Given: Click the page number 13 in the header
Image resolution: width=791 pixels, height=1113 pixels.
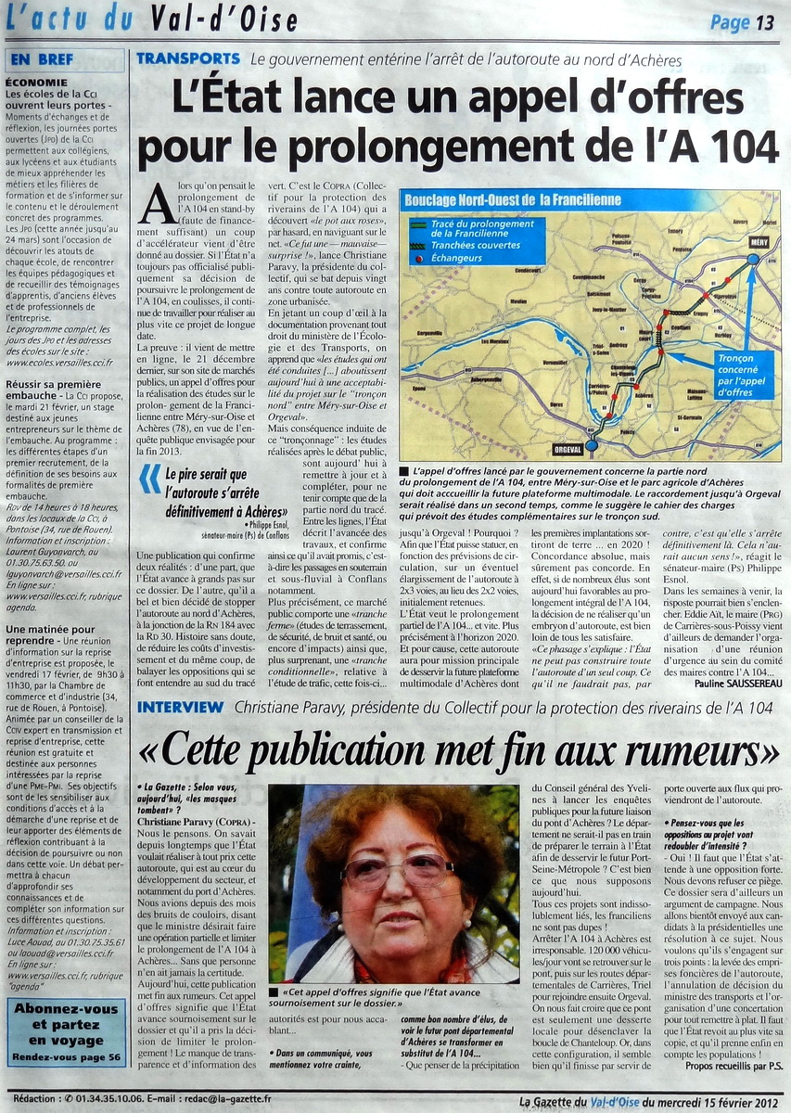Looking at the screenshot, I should point(764,22).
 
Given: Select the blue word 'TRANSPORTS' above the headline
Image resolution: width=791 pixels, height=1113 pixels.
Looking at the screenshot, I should point(188,58).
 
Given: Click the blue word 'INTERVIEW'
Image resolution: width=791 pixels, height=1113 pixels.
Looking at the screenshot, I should point(180,708).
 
